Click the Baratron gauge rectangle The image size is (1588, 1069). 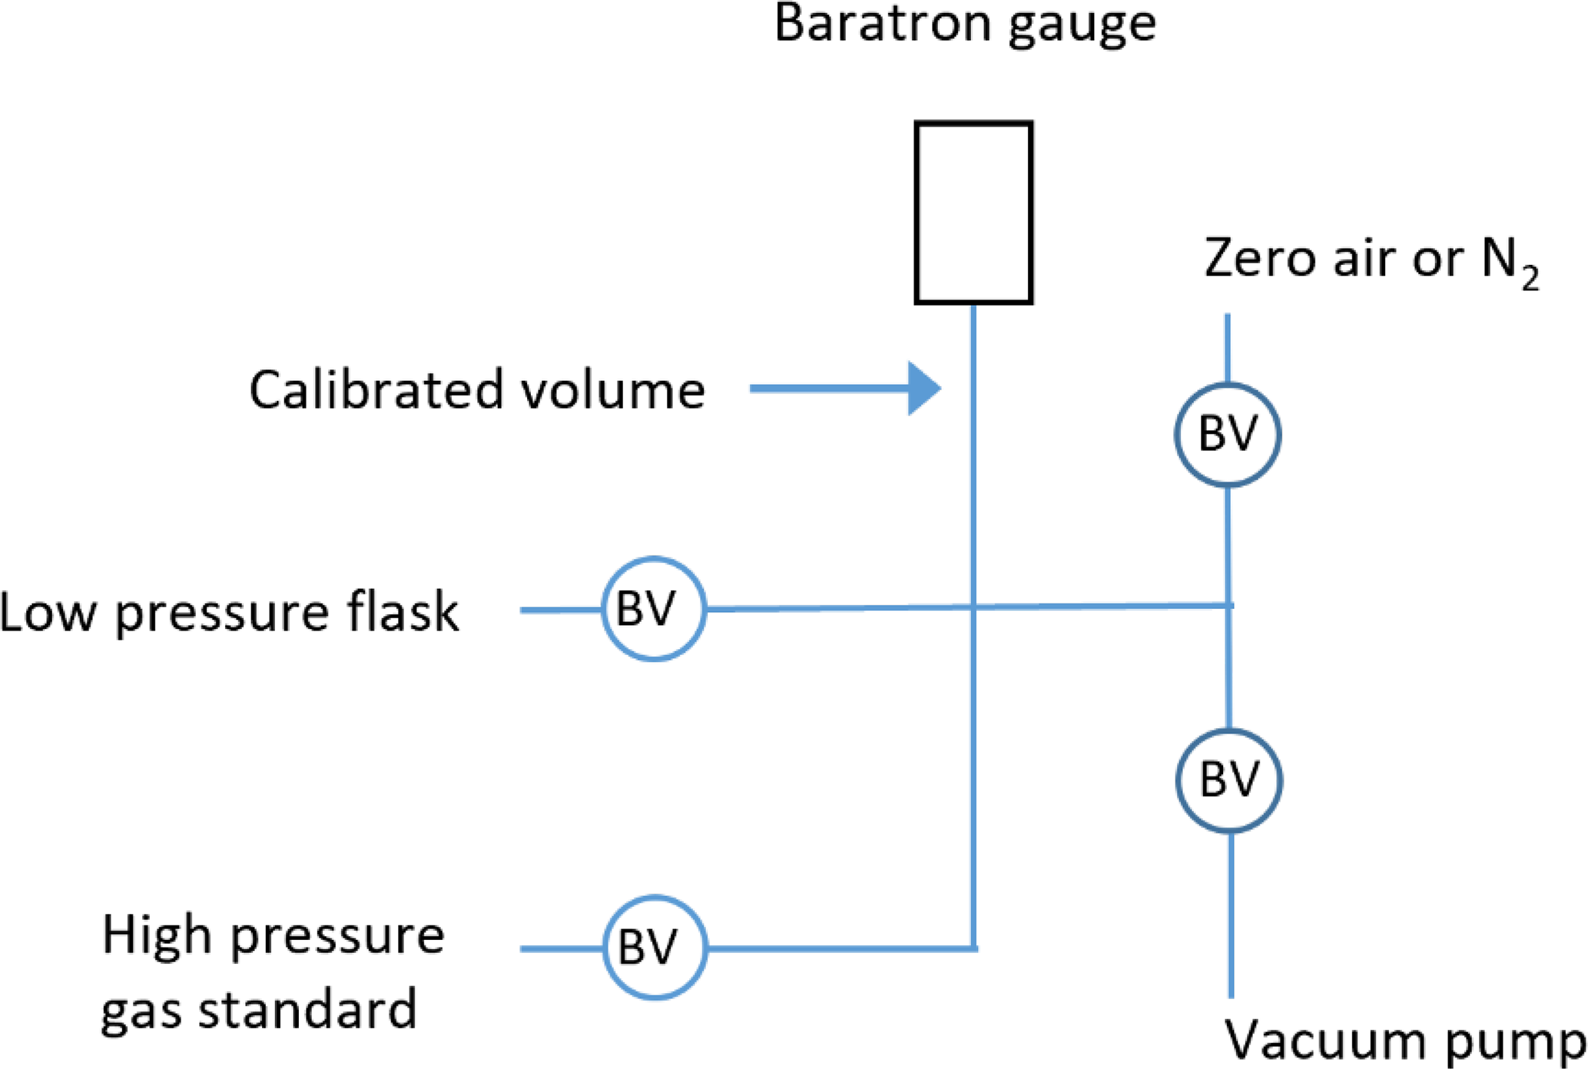[973, 212]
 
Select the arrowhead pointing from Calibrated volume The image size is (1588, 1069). [923, 389]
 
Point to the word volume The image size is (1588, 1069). [612, 389]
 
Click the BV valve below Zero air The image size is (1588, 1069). [1228, 434]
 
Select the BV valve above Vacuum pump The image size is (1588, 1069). [1229, 779]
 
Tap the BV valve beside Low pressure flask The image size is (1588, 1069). [653, 609]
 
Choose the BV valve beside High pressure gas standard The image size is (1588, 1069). [654, 948]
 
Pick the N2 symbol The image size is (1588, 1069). [1510, 263]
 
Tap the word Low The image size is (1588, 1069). [49, 613]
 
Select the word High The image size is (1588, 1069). [157, 937]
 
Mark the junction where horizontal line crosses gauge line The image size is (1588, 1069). [973, 607]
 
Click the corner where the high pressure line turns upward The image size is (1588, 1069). [973, 948]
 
